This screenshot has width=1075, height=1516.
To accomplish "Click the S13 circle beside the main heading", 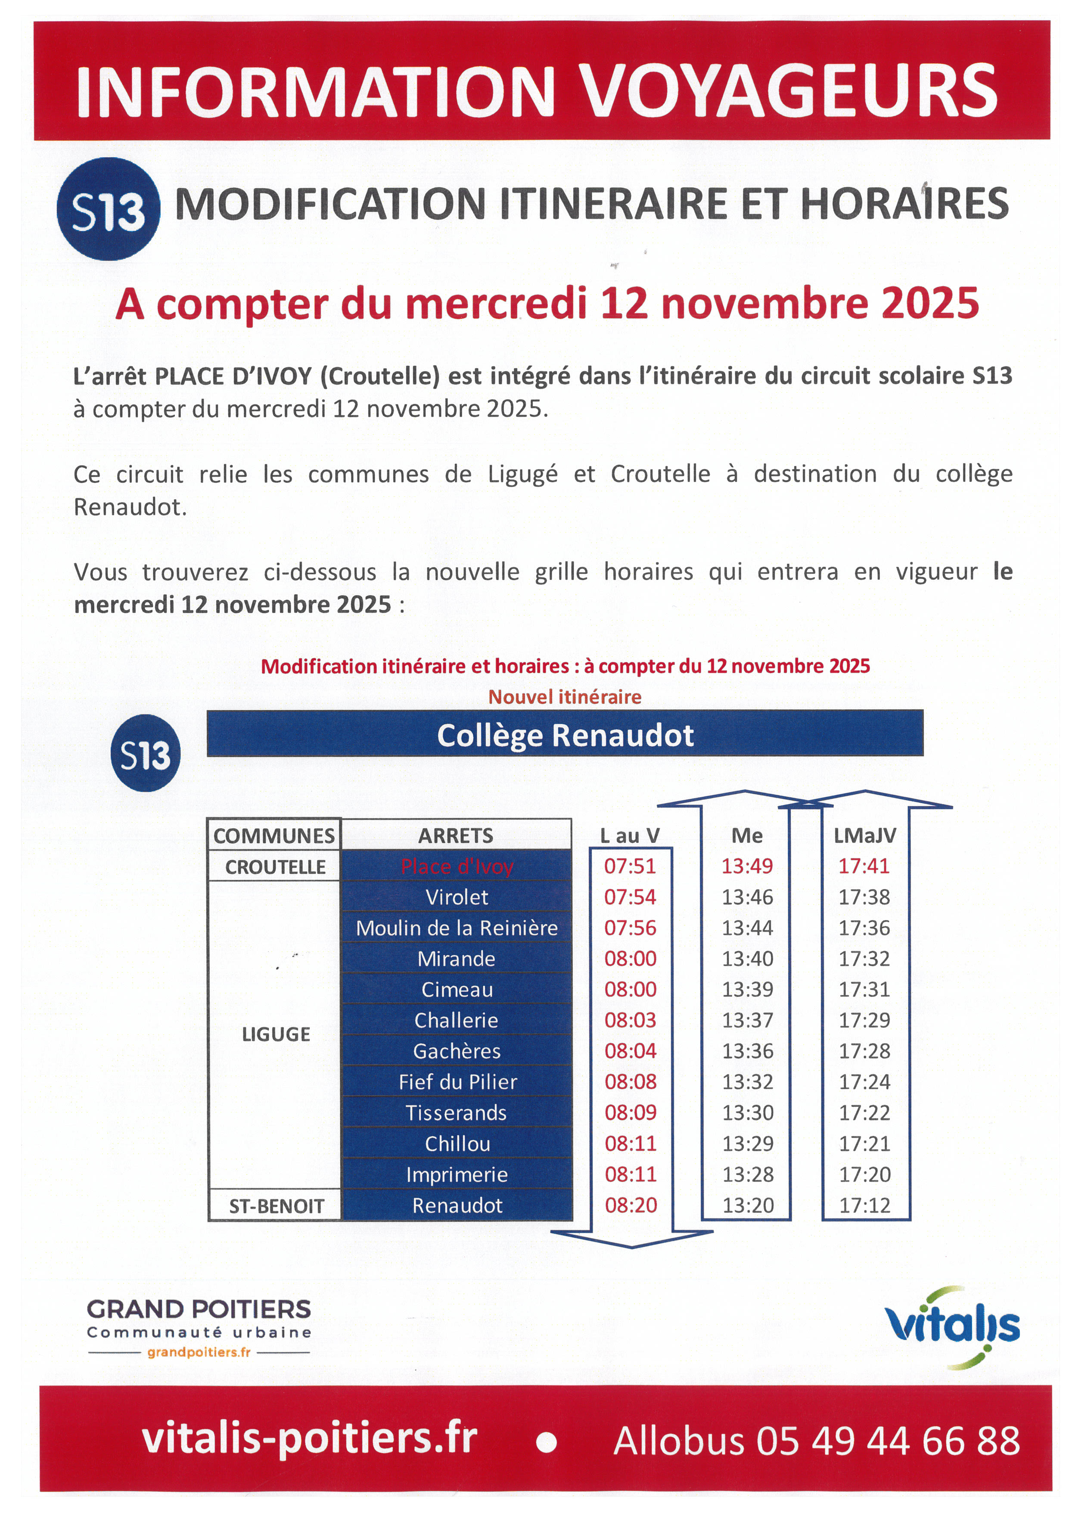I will coord(108,210).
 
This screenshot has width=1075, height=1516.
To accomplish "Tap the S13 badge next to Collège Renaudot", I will coord(145,753).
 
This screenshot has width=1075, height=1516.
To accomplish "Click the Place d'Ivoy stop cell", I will coord(456,867).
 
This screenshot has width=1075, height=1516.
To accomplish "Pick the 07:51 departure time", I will coord(630,866).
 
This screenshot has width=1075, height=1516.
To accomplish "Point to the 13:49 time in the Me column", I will coord(747,866).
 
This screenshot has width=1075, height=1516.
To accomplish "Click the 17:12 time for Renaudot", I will coord(864,1205).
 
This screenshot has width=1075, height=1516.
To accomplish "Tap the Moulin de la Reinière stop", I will coord(456,928).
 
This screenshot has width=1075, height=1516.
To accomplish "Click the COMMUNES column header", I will coord(274,836).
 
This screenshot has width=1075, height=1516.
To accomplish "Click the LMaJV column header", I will coord(864,836).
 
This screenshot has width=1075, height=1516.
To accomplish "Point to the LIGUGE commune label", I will coord(275,1034).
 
